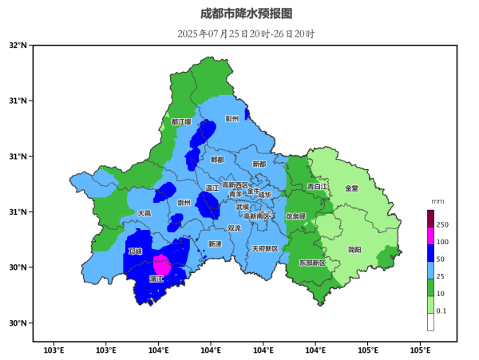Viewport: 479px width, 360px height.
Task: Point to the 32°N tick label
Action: click(x=18, y=45)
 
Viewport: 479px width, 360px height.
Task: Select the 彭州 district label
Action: click(x=232, y=119)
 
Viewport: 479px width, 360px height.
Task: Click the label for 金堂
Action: click(x=351, y=188)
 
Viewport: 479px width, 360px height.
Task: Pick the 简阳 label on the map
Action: click(x=354, y=250)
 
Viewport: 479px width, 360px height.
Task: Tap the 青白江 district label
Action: click(x=318, y=187)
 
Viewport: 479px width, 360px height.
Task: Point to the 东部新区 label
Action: click(x=312, y=263)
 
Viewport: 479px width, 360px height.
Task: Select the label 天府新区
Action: click(x=265, y=249)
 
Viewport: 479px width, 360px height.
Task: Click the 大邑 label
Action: click(x=144, y=214)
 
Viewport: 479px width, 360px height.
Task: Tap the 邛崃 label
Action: click(x=135, y=251)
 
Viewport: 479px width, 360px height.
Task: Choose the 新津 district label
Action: click(x=215, y=243)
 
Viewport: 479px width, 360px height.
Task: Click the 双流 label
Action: click(x=234, y=228)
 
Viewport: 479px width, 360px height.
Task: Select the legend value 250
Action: click(x=442, y=225)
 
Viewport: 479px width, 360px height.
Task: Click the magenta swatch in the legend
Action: click(x=430, y=236)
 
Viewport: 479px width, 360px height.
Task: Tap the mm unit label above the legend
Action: click(x=437, y=202)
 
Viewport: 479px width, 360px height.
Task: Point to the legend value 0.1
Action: click(x=441, y=311)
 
